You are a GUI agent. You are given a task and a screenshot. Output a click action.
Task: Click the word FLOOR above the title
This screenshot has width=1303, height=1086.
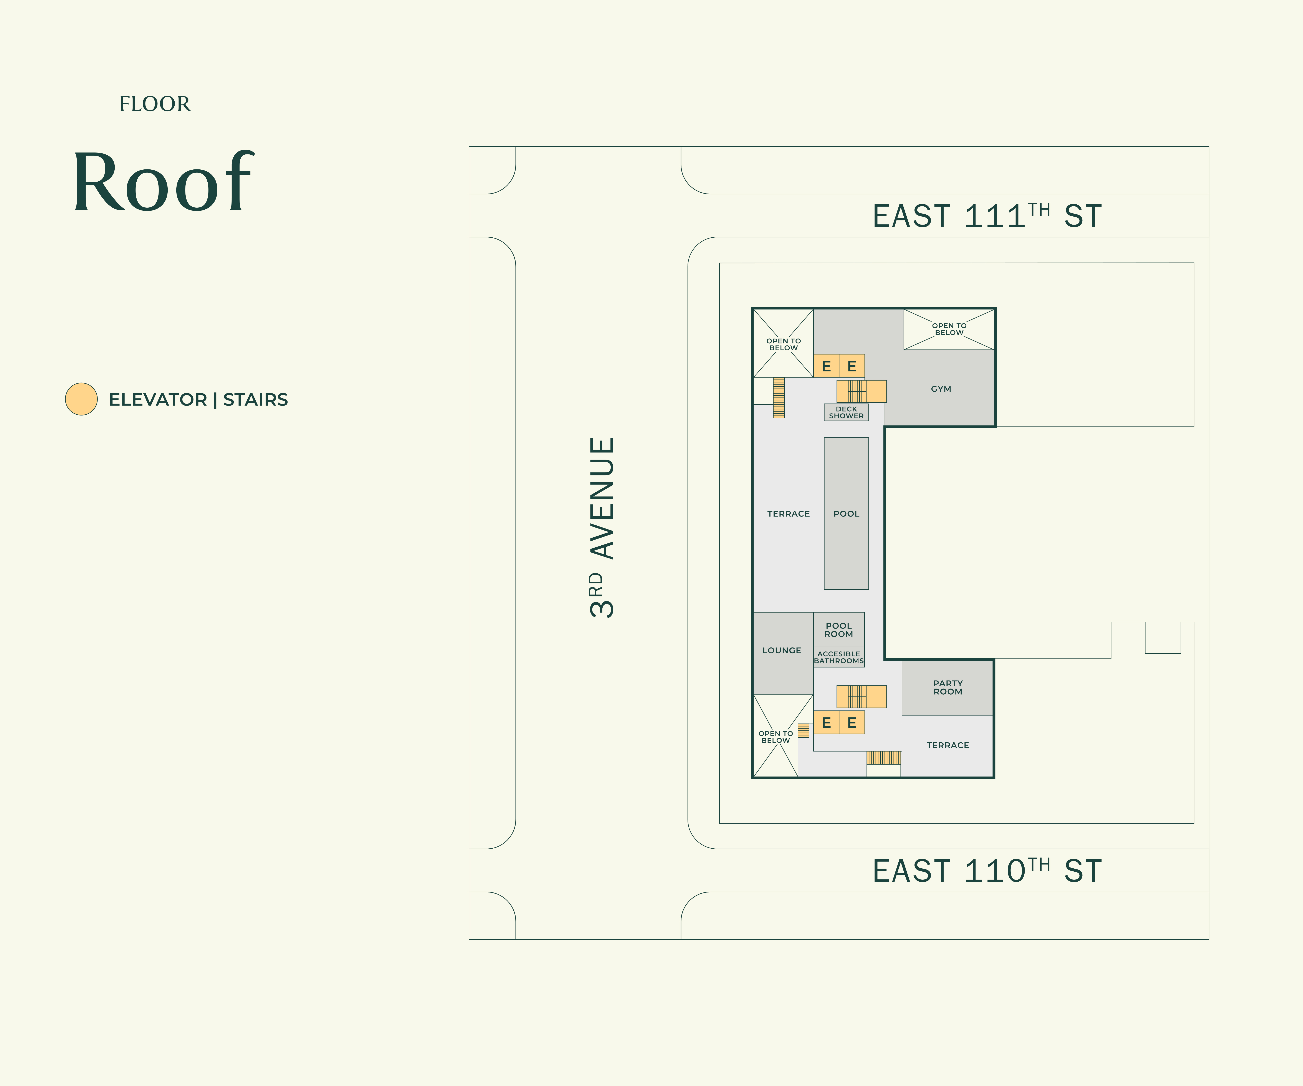click(155, 104)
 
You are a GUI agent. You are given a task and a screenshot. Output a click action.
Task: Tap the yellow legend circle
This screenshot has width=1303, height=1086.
click(81, 399)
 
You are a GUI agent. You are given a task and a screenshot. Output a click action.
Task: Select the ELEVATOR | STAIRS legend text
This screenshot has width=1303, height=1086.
click(198, 400)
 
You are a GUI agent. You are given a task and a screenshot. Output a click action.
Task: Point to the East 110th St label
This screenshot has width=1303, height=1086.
click(987, 871)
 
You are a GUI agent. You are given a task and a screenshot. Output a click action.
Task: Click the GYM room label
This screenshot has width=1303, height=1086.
click(941, 389)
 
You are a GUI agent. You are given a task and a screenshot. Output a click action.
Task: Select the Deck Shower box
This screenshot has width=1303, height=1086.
click(846, 412)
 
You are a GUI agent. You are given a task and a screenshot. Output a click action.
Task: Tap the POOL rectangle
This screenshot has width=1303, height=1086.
click(846, 513)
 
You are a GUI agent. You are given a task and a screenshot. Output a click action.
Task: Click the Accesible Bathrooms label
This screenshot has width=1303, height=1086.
click(839, 657)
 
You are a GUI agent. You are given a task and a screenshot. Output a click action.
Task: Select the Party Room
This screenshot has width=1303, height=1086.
click(947, 688)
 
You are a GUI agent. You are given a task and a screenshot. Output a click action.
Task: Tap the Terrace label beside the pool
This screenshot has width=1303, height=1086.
click(789, 514)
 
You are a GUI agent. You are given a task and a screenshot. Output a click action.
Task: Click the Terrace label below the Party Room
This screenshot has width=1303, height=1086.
click(947, 745)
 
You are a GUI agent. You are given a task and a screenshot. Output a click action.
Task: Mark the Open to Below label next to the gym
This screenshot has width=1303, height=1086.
click(949, 329)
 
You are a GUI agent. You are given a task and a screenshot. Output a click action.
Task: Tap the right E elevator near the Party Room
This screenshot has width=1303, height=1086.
click(852, 722)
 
